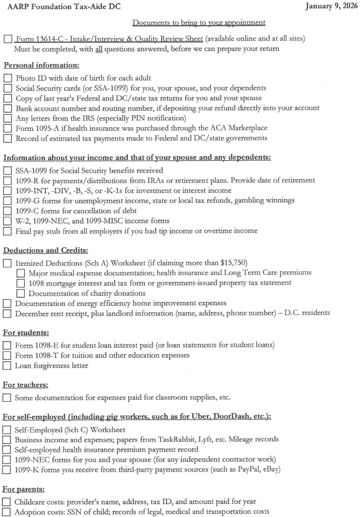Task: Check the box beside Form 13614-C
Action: [x=8, y=39]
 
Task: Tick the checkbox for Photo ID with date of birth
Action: [x=8, y=78]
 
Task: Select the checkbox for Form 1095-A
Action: [x=8, y=128]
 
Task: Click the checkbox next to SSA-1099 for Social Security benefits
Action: [x=8, y=171]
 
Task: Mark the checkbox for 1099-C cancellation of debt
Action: [x=8, y=211]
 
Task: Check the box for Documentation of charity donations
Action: [x=21, y=293]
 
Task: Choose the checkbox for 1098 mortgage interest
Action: [x=21, y=283]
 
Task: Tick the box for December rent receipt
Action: [x=8, y=313]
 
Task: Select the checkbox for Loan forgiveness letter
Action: [x=8, y=365]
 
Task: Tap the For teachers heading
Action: [x=26, y=385]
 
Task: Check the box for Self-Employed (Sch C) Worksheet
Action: [x=8, y=430]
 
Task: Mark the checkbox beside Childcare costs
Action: [x=8, y=502]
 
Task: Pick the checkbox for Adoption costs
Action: [x=8, y=512]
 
